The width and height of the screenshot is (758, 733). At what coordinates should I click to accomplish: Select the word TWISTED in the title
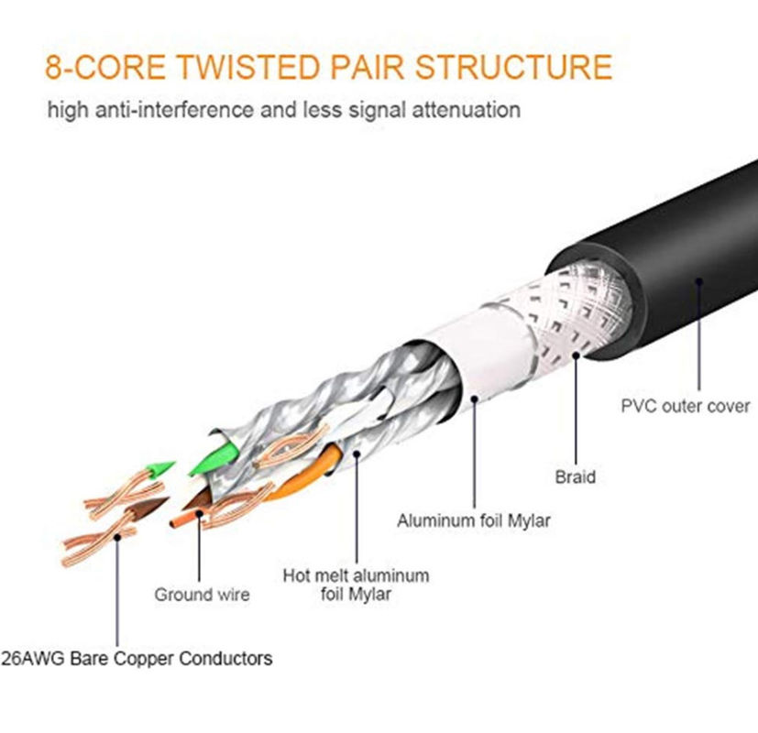click(x=235, y=68)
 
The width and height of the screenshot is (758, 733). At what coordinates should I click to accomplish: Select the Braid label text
click(x=575, y=476)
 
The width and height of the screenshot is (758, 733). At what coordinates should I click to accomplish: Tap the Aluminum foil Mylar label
click(x=473, y=520)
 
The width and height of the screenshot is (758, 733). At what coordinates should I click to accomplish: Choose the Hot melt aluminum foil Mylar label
click(x=356, y=585)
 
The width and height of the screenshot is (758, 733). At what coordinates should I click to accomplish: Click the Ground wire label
click(x=201, y=595)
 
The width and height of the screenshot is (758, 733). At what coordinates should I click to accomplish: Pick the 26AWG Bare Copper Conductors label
click(x=137, y=658)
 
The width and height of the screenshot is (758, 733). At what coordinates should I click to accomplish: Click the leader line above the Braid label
click(x=576, y=412)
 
